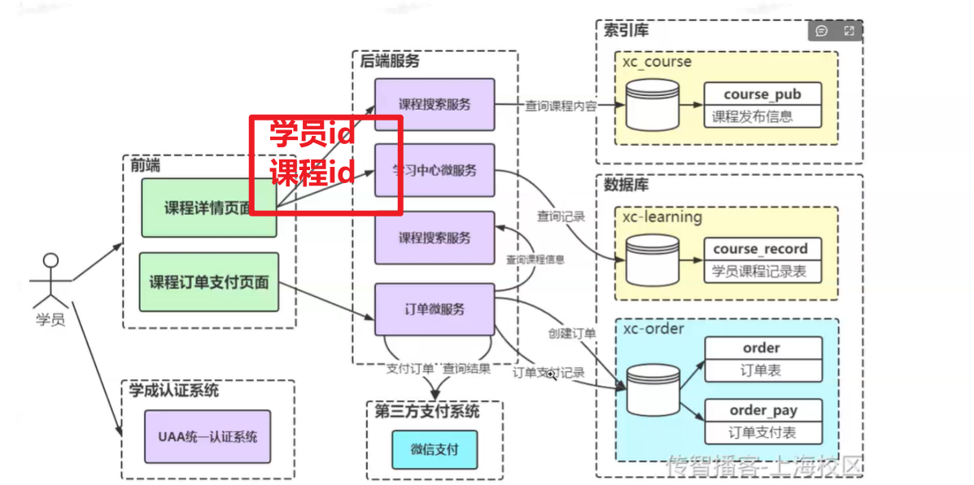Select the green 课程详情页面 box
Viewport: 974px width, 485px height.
tap(208, 208)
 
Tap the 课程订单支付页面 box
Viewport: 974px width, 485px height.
tap(208, 282)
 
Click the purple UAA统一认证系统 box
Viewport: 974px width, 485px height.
tap(207, 437)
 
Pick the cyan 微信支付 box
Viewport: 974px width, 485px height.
tap(435, 449)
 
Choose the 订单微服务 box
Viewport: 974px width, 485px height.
tap(435, 309)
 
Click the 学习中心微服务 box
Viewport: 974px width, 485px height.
tap(435, 170)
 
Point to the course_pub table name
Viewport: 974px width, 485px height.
tap(762, 94)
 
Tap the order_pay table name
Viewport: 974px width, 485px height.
tap(763, 411)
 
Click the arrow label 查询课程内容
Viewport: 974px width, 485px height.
tap(561, 106)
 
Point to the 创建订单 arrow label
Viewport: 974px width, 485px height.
tap(572, 334)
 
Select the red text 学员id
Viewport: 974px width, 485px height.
tap(312, 133)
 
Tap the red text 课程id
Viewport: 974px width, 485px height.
tap(312, 173)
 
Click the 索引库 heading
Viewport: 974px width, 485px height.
tap(626, 31)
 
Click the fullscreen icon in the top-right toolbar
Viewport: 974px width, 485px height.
tap(849, 31)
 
